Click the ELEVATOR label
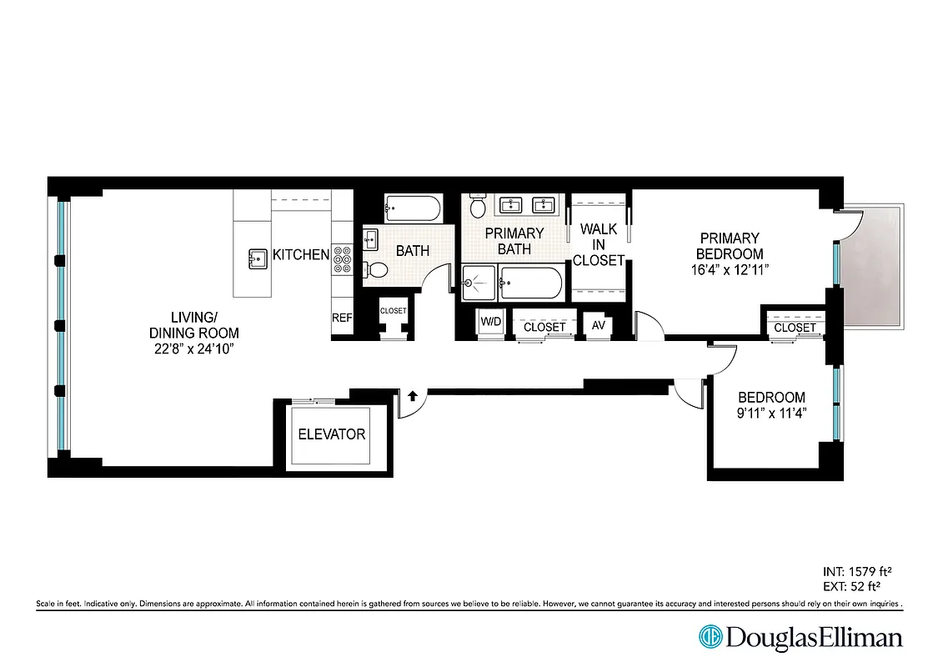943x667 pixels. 332,434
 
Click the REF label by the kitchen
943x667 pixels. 342,318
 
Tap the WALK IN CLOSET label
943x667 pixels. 598,244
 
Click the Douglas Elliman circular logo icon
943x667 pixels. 710,638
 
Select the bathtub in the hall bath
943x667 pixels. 412,208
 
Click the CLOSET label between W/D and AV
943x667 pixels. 544,327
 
